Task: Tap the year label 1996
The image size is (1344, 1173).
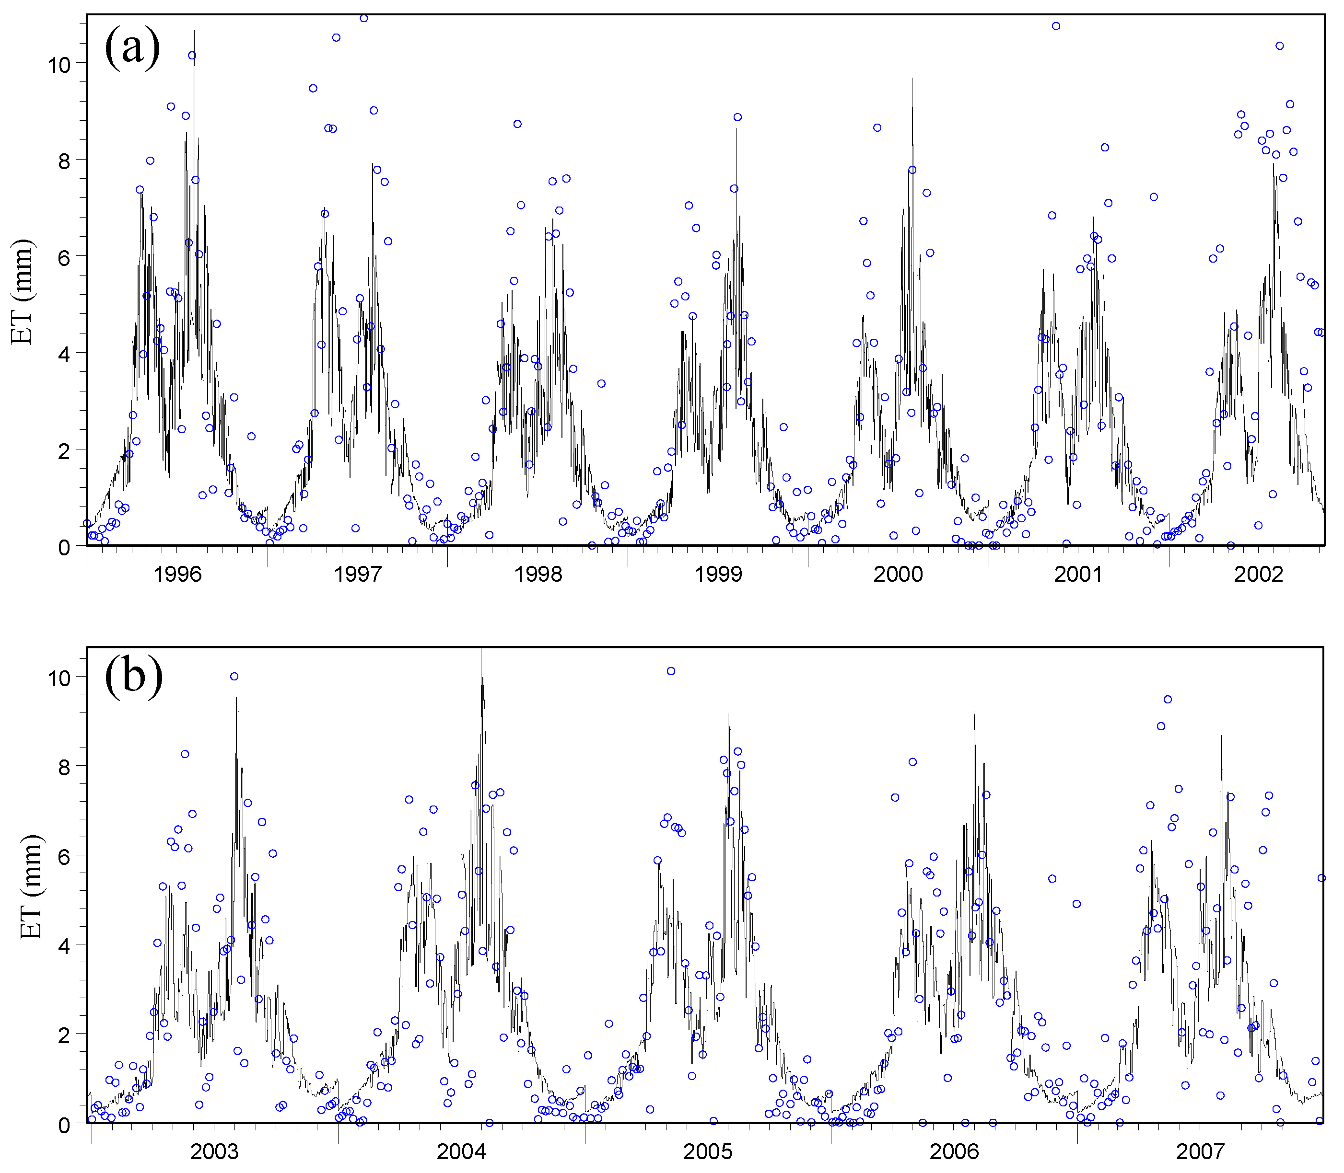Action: pos(177,575)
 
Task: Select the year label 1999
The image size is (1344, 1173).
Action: pos(718,575)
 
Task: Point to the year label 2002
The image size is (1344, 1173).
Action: pos(1258,575)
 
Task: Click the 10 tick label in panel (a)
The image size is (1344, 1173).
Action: pos(59,64)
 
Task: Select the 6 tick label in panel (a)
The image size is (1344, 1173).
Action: pos(64,257)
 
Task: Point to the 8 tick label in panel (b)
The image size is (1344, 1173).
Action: pos(64,767)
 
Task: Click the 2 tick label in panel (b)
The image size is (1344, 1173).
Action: pos(64,1035)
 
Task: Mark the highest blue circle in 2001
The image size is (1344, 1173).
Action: pos(1056,26)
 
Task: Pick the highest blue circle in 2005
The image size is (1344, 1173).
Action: pos(671,671)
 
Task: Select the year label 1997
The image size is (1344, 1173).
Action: pos(358,575)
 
